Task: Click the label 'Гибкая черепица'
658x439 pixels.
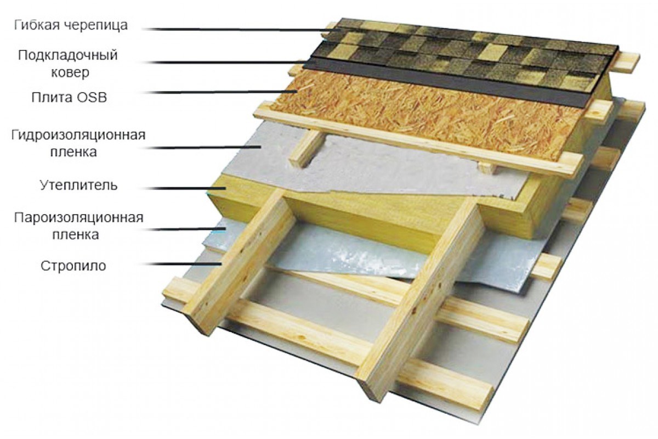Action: tap(71, 26)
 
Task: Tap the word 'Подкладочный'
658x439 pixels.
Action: tap(68, 55)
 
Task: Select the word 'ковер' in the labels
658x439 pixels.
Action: tap(70, 72)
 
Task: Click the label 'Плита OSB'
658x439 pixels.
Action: tap(69, 97)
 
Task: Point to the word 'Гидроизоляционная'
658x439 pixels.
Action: tap(78, 135)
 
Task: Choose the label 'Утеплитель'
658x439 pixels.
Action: tap(79, 185)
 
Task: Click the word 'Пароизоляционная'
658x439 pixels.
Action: tap(79, 218)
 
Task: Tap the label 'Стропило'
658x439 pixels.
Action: tap(73, 266)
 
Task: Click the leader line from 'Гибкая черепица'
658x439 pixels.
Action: tap(241, 30)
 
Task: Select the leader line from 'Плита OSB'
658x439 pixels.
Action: tap(220, 92)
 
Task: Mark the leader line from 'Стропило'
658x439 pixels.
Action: tap(182, 264)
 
